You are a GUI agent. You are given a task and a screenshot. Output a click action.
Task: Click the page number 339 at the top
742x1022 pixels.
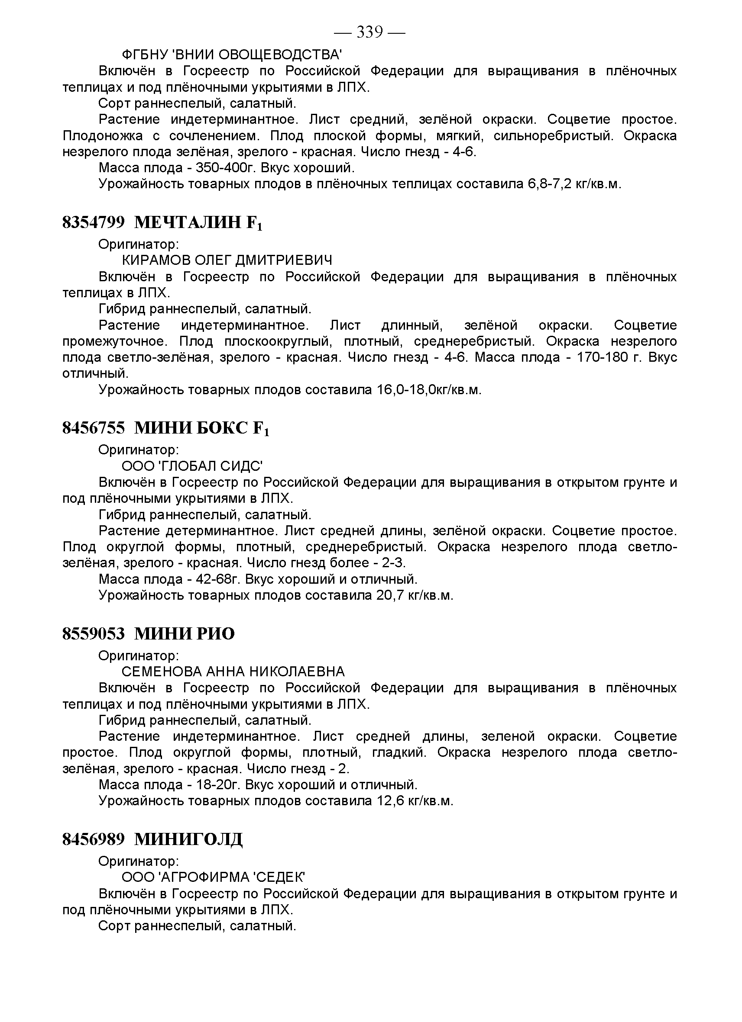click(x=369, y=32)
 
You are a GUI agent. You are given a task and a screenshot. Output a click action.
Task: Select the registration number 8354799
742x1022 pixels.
click(x=93, y=222)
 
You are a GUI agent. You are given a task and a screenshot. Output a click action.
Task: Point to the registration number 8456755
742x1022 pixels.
click(x=93, y=427)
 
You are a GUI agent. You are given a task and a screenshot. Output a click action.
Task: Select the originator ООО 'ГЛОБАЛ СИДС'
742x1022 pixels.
click(x=192, y=466)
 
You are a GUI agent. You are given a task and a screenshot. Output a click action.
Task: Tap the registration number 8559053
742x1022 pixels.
click(x=93, y=633)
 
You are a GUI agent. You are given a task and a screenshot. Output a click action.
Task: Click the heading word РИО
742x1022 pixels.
click(x=215, y=633)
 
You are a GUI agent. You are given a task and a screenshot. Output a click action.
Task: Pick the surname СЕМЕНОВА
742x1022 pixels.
click(x=162, y=672)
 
